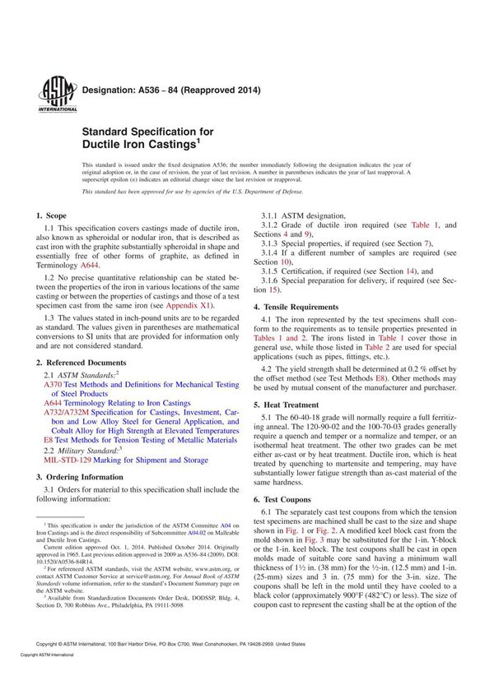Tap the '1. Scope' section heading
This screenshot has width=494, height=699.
[x=55, y=215]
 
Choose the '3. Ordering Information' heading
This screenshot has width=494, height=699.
[x=80, y=477]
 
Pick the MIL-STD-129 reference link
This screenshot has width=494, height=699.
[x=68, y=461]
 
